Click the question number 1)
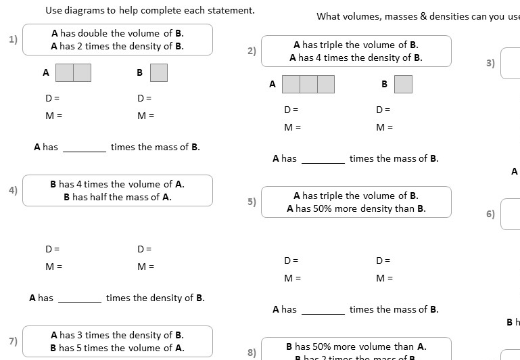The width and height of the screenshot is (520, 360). (x=13, y=39)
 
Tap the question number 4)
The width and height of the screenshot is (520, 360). (x=13, y=190)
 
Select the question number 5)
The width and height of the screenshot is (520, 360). (x=252, y=202)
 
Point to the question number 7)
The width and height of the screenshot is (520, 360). (x=13, y=341)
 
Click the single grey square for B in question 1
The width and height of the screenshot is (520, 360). (x=159, y=72)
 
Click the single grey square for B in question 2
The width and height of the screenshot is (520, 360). (x=403, y=84)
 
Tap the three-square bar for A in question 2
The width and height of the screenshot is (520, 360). (x=308, y=84)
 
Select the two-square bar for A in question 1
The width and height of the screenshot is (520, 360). (x=73, y=72)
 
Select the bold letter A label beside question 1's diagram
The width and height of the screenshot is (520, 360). (x=46, y=72)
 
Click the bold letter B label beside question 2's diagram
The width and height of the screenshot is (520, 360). (x=384, y=84)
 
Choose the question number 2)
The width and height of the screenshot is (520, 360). (x=252, y=51)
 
